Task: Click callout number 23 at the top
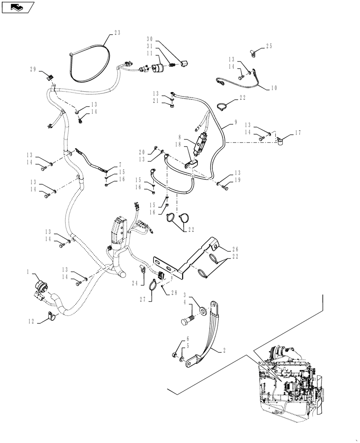coord(117,32)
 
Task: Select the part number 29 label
coord(32,70)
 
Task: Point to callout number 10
coord(274,88)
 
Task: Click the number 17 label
coord(298,132)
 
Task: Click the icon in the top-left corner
coord(18,7)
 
